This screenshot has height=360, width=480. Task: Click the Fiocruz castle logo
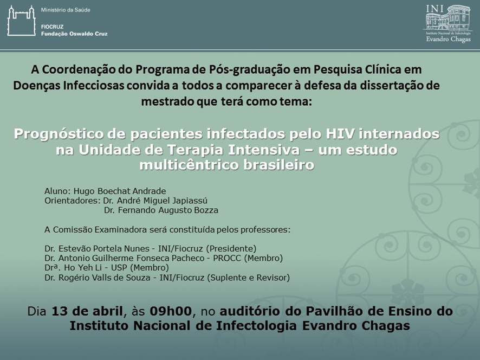click(22, 21)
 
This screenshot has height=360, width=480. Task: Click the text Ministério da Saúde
click(66, 10)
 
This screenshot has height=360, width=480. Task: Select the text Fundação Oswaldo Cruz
click(74, 34)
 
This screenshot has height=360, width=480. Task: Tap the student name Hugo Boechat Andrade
click(120, 191)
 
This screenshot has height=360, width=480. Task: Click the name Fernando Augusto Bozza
click(168, 210)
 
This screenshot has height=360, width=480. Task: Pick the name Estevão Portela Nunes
click(104, 248)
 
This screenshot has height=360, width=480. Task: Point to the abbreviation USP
click(119, 268)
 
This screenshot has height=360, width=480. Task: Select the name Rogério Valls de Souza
click(105, 278)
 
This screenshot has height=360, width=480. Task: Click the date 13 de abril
click(87, 311)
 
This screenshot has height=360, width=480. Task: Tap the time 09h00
click(171, 311)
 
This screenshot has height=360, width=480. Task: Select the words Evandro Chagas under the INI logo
click(449, 39)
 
